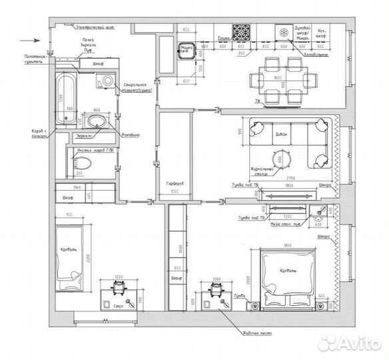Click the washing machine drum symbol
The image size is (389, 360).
pos(107,81)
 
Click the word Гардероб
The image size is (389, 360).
pos(175,183)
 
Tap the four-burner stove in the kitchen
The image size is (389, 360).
pos(240,31)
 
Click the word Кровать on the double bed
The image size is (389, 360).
pos(288,271)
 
